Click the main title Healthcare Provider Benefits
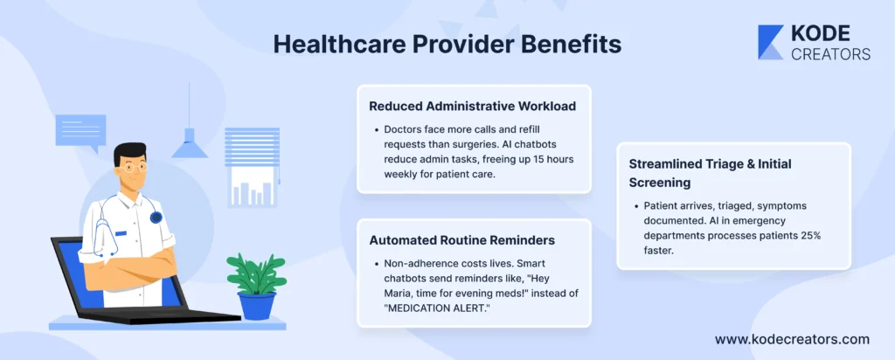[447, 45]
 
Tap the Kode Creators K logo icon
[771, 42]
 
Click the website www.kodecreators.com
[792, 339]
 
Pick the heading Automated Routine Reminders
[461, 240]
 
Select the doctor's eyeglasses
[133, 167]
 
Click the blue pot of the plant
[256, 306]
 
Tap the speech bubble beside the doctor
[80, 132]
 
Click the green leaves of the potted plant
[256, 273]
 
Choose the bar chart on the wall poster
[252, 192]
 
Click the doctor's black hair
[128, 151]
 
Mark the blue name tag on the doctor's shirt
[121, 233]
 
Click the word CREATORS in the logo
[830, 53]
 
